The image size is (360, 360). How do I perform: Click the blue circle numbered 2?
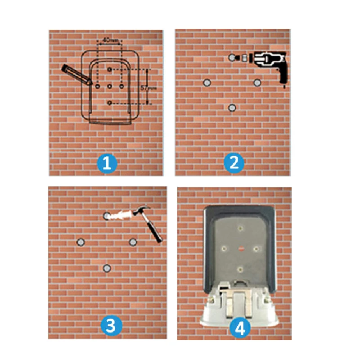pos(234,162)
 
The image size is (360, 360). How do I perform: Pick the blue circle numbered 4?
pos(240,328)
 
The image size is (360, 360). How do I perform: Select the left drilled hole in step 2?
pos(207,83)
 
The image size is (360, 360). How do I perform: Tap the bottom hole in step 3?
pos(107,268)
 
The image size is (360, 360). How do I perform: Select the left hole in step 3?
pos(81,242)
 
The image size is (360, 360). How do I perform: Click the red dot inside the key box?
pos(239,248)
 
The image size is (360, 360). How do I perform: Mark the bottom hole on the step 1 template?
pos(110,103)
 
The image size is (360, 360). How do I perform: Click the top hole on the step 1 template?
pos(110,69)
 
